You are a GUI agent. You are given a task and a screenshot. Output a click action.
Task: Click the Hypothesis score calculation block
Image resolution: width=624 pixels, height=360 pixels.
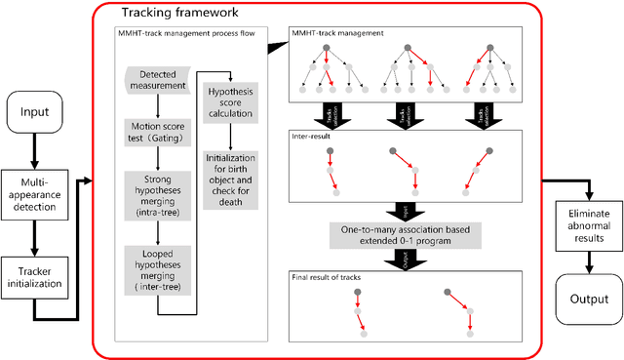[230, 102]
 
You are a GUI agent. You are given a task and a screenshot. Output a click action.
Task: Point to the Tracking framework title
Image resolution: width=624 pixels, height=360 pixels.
[173, 14]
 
